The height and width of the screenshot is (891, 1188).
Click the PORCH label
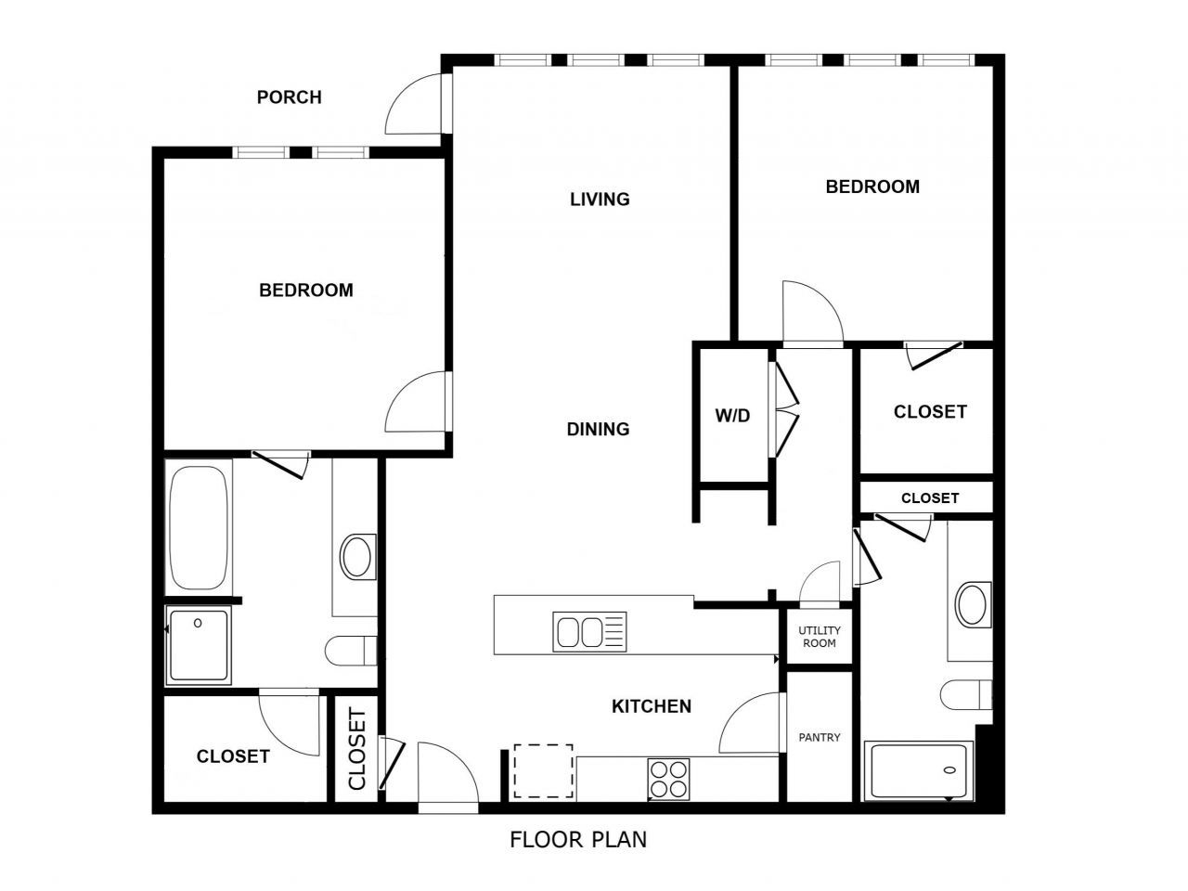pos(289,97)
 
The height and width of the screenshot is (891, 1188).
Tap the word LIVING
pos(600,199)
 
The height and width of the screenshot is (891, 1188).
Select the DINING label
pos(598,429)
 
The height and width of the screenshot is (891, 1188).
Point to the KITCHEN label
pos(652,706)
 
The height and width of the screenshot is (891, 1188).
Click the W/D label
pos(732,416)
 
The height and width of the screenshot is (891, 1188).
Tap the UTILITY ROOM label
pos(820,637)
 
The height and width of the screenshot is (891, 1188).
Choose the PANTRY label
pos(820,738)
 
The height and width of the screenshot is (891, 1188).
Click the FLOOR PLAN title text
pos(578,840)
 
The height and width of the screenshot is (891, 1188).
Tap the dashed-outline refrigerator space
pos(544,770)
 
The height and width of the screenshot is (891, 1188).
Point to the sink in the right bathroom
pos(974,603)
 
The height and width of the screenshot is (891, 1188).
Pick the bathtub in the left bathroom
pos(200,526)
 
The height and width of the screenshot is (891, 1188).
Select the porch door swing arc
pos(415,102)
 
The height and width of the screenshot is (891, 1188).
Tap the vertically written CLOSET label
pos(357,749)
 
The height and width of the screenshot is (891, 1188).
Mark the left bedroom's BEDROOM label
pos(306,291)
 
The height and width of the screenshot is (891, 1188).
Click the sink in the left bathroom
pos(356,556)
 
